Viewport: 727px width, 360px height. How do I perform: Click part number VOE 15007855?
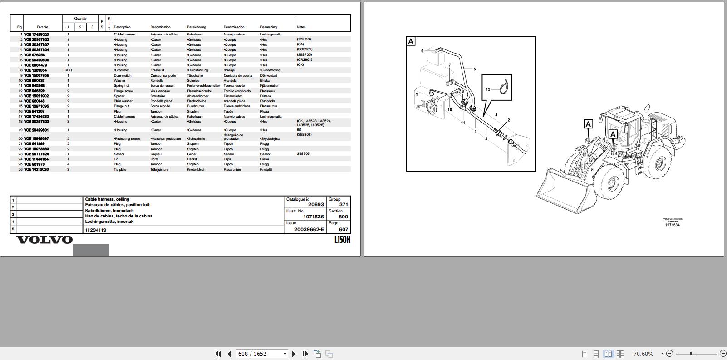click(x=36, y=75)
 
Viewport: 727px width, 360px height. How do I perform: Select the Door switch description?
click(x=123, y=75)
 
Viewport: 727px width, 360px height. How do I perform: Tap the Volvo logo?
click(x=44, y=240)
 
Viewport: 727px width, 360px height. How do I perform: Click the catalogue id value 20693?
click(x=316, y=205)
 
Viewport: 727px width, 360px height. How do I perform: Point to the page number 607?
click(x=343, y=229)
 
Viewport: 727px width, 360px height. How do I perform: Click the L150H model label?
click(x=342, y=240)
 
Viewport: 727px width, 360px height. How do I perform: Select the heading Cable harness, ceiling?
click(x=107, y=199)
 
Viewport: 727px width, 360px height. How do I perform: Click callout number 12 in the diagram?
click(x=488, y=89)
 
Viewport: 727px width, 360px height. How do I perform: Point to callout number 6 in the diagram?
click(x=422, y=51)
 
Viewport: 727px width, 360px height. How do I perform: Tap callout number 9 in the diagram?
click(x=417, y=94)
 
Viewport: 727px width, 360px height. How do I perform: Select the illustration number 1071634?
click(x=673, y=225)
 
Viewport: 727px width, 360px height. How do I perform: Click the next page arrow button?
click(x=294, y=354)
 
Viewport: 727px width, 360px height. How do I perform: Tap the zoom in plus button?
click(x=723, y=354)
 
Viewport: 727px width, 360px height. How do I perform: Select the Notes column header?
click(x=301, y=27)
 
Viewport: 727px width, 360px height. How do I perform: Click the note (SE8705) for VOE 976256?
click(x=304, y=54)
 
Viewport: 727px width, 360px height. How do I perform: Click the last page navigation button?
click(x=305, y=354)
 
